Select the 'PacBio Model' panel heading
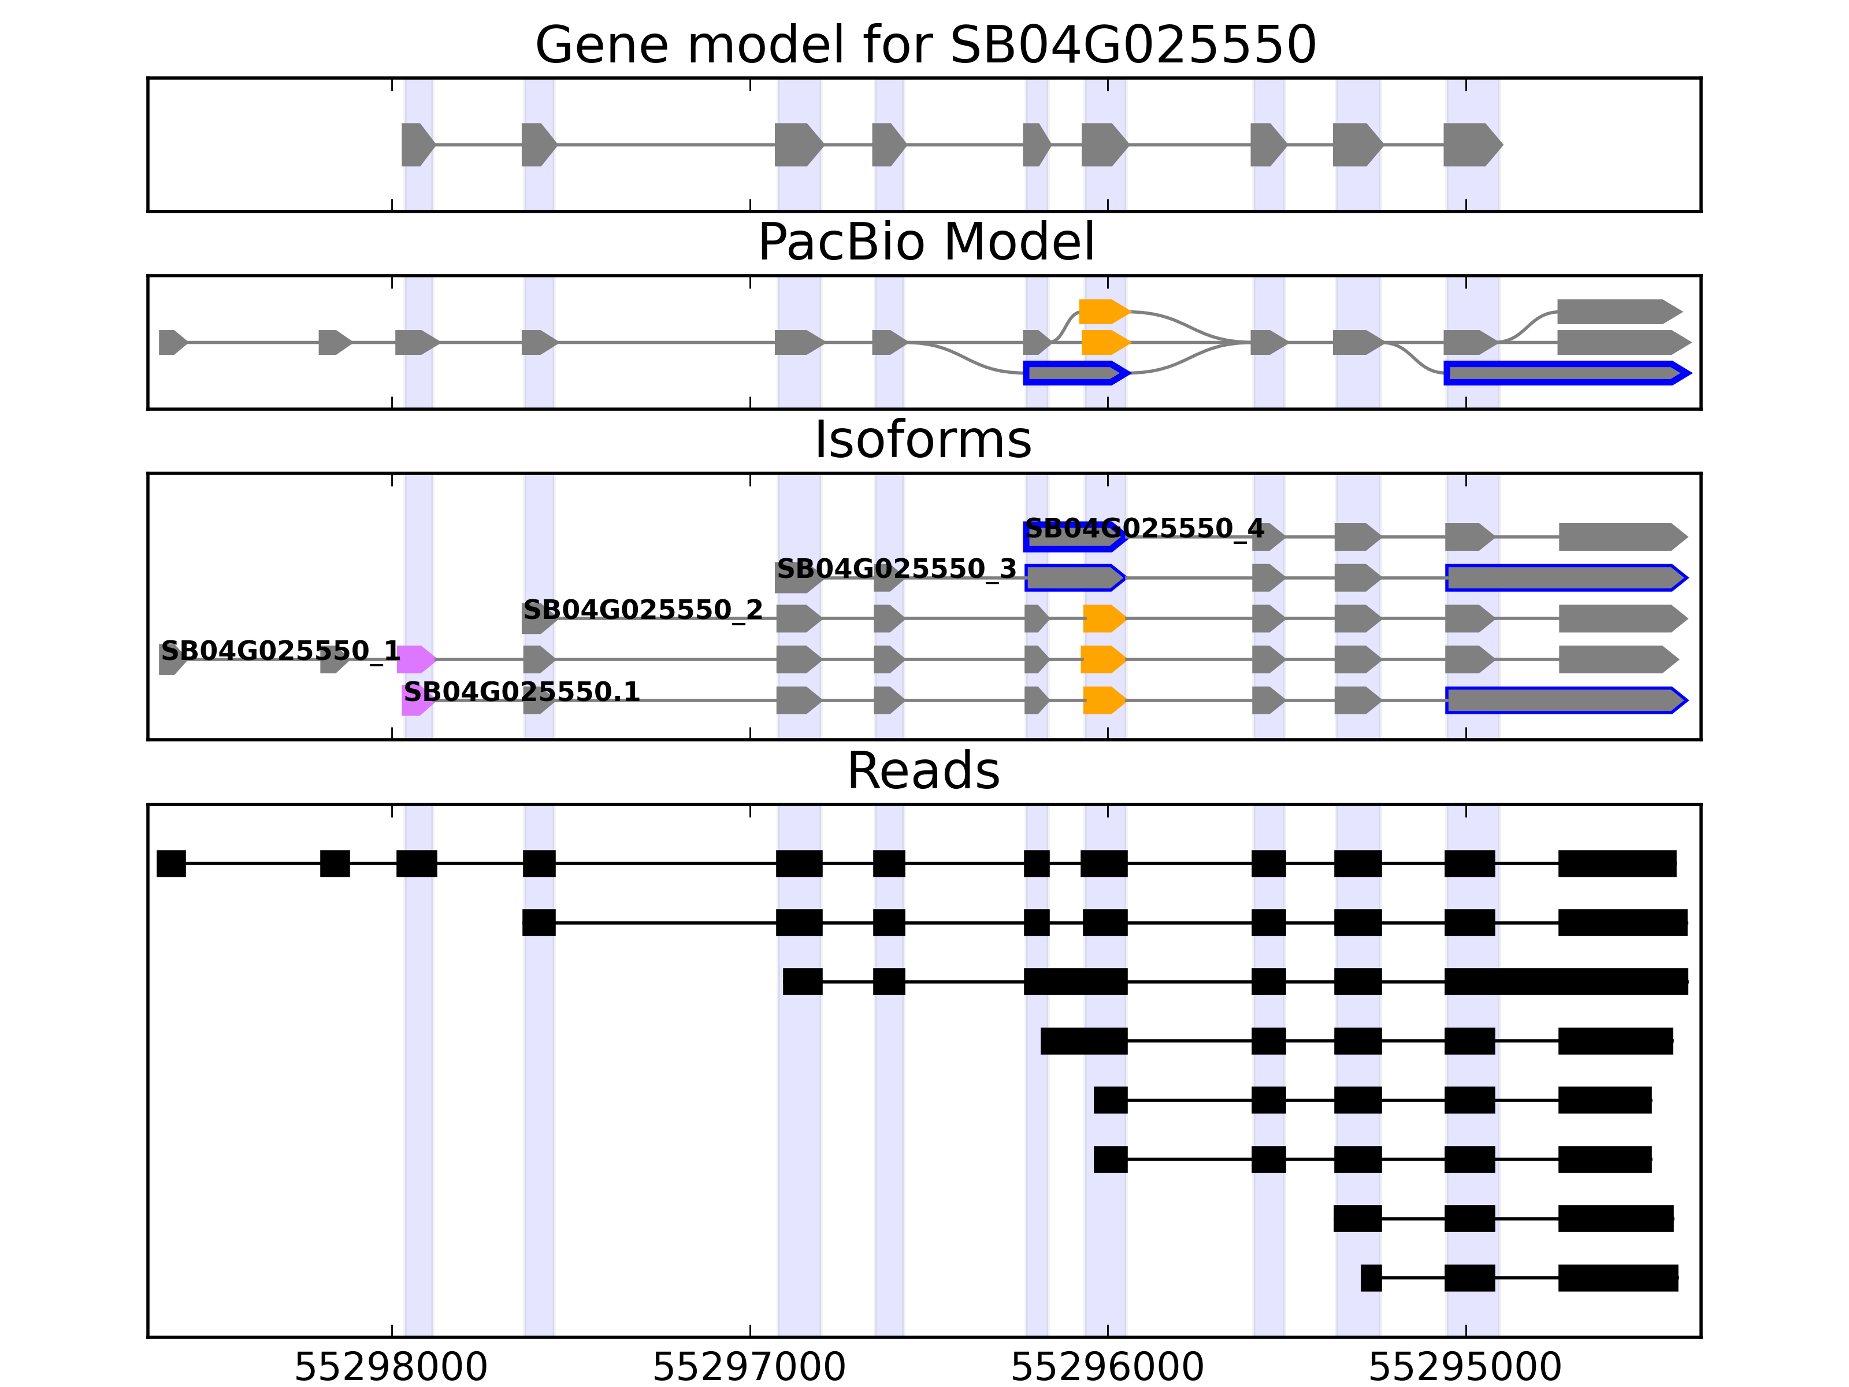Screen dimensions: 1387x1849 pyautogui.click(x=924, y=243)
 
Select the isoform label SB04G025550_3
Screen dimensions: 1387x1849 pyautogui.click(x=896, y=569)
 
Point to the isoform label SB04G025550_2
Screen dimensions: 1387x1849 pyautogui.click(x=643, y=610)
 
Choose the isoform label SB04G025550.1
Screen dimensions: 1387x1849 pyautogui.click(x=522, y=692)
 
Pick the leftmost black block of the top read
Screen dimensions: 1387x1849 pyautogui.click(x=172, y=863)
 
